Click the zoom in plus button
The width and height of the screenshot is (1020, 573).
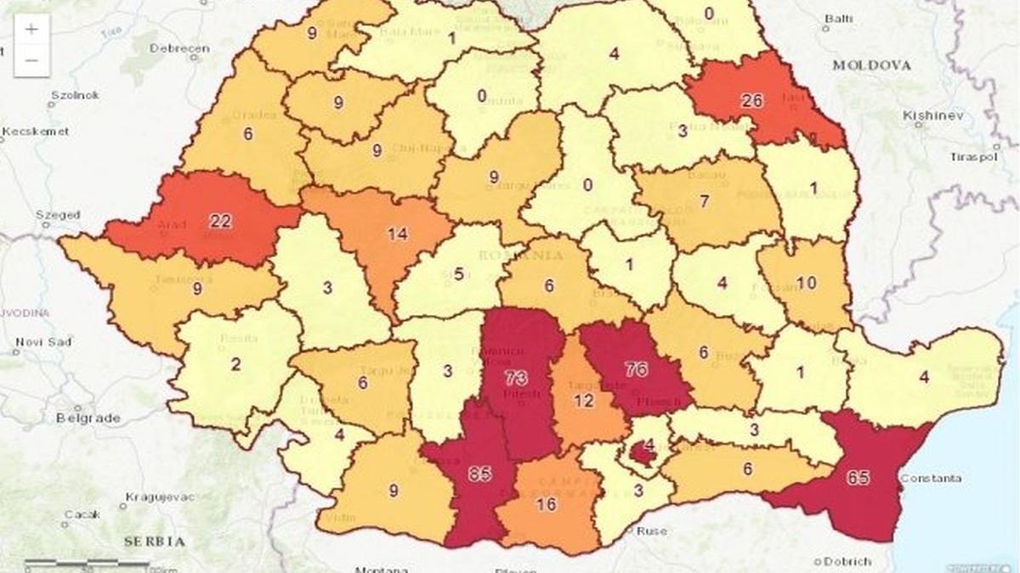[31, 29]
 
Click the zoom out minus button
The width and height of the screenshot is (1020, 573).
[31, 59]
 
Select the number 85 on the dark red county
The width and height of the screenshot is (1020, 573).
[479, 474]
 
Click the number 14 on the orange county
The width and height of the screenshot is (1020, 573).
[397, 235]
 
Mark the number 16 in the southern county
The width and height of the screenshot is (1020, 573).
[547, 505]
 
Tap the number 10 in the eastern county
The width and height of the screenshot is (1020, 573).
[806, 283]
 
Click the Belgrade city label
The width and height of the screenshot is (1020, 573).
[88, 419]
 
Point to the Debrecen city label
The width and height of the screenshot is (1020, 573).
[179, 48]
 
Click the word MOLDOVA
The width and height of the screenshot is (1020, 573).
[871, 65]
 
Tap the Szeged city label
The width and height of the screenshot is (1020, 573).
[58, 216]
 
